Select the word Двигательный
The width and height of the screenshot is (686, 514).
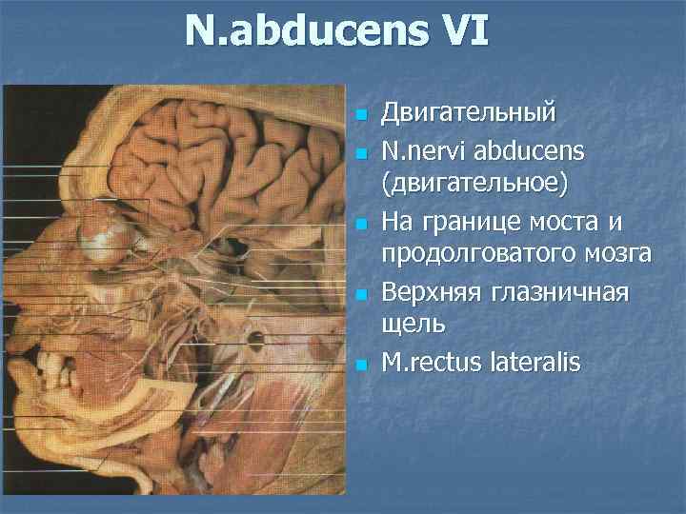pos(467,114)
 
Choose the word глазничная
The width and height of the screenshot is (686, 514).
pos(561,290)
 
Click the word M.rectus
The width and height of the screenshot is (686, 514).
pos(433,361)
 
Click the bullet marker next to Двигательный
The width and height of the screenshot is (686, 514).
pos(361,116)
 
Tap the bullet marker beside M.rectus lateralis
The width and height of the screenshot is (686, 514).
pos(361,363)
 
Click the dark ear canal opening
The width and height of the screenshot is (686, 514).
pos(254,338)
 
